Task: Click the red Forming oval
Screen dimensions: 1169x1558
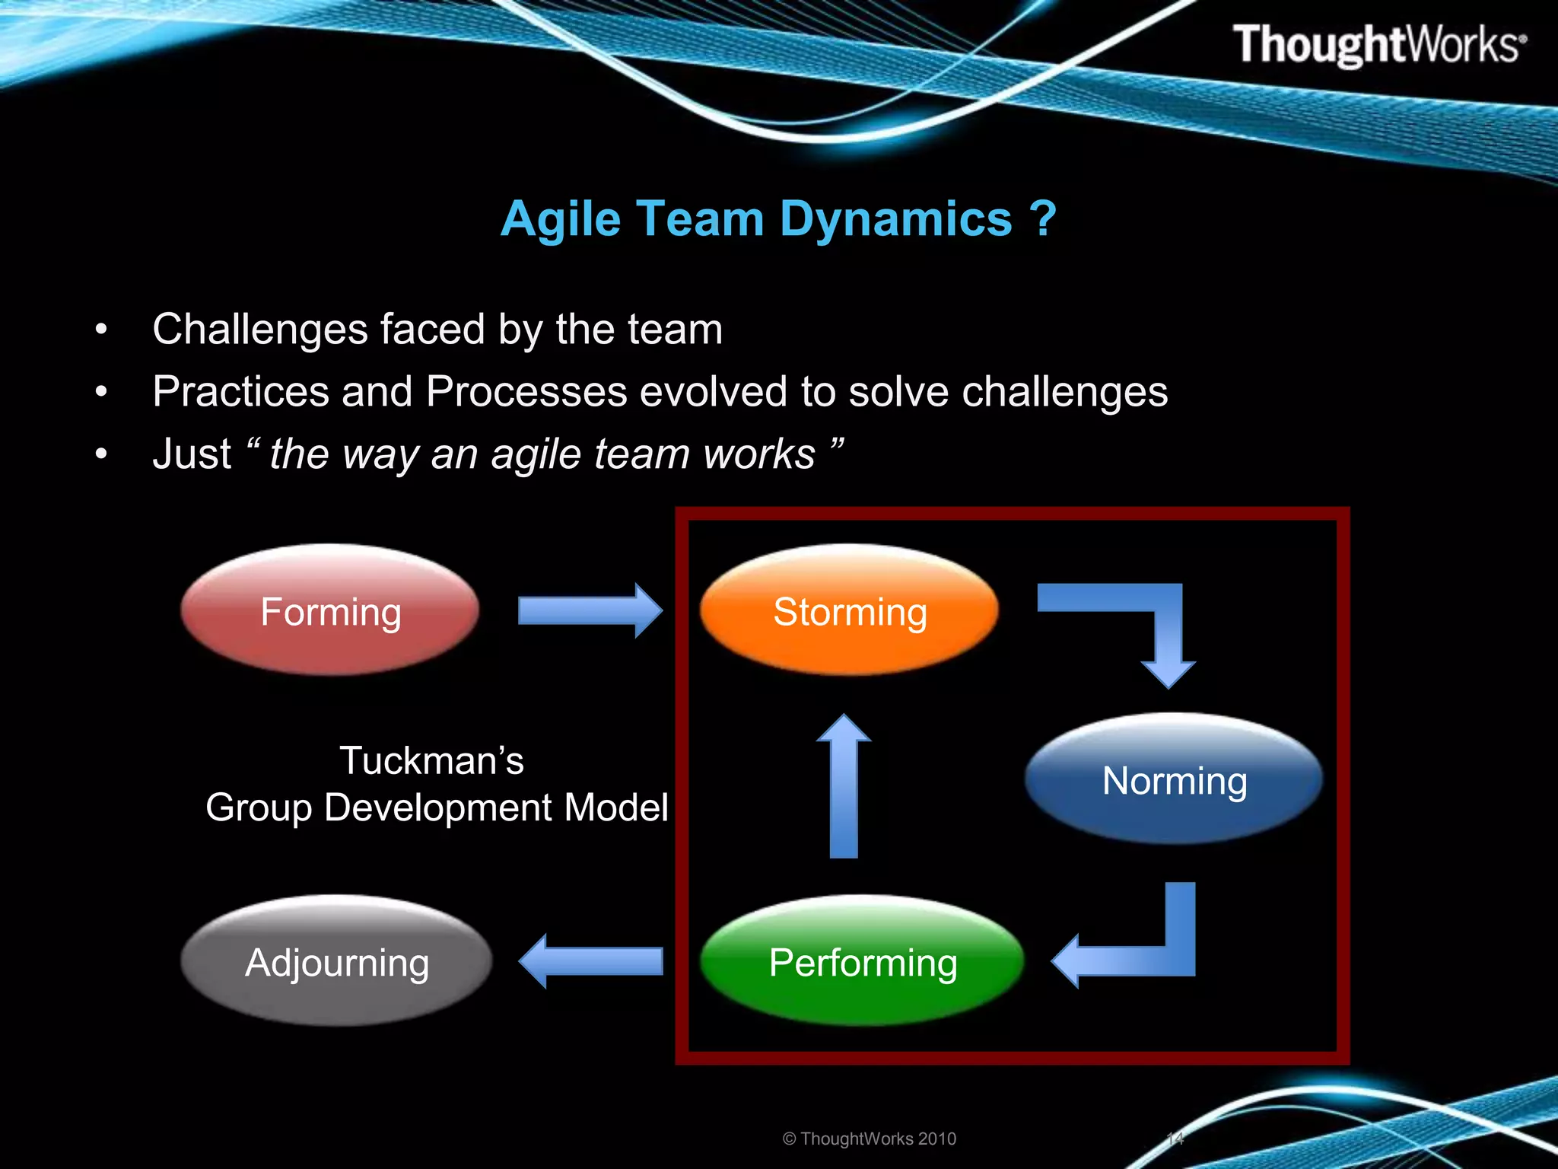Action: click(330, 610)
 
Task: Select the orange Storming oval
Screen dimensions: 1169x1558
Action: click(849, 610)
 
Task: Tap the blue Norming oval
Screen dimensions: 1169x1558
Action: click(1174, 779)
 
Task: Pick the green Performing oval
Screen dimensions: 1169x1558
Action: click(862, 961)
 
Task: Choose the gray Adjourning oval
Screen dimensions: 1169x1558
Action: click(336, 961)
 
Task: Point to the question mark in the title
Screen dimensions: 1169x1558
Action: click(1043, 219)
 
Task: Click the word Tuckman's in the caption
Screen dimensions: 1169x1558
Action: click(431, 760)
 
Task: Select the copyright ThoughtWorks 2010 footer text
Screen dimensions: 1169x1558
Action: click(869, 1139)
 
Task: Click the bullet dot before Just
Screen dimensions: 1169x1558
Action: click(101, 454)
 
